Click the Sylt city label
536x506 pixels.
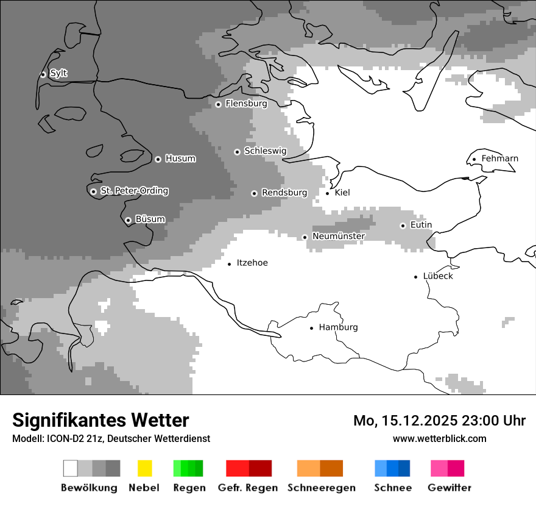coord(58,74)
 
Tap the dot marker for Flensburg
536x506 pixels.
coord(218,104)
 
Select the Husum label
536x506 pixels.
coord(180,159)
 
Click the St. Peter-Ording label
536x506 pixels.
coord(134,191)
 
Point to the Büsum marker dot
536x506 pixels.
coord(128,220)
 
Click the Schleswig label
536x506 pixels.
coord(265,151)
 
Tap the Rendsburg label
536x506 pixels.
coord(284,193)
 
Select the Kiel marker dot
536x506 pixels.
coord(328,193)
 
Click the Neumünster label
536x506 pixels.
coord(339,236)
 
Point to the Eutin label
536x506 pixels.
coord(421,225)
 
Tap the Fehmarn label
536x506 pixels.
coord(499,159)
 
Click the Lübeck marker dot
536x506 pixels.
coord(416,276)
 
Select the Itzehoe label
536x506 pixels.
coord(252,263)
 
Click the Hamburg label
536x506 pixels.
coord(338,327)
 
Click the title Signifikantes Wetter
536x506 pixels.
coord(100,420)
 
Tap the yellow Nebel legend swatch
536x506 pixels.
coord(144,468)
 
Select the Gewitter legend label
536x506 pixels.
coord(449,488)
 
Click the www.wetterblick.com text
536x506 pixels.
coord(439,438)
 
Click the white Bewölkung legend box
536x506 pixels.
coord(71,468)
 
